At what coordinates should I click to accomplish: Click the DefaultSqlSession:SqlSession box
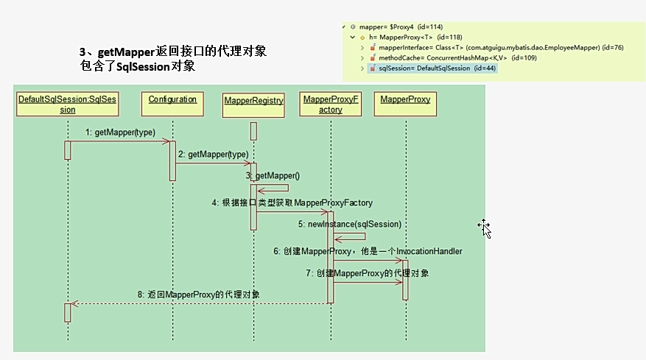tap(67, 104)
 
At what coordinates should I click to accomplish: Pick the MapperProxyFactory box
tap(331, 104)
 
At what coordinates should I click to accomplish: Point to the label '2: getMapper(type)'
tap(213, 154)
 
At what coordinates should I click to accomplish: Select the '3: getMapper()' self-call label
tap(273, 176)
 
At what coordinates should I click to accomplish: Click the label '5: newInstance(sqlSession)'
tap(350, 224)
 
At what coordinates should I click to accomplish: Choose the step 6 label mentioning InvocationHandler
tap(368, 251)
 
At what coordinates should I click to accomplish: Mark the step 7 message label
tap(368, 273)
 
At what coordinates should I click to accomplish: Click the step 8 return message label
tap(198, 294)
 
